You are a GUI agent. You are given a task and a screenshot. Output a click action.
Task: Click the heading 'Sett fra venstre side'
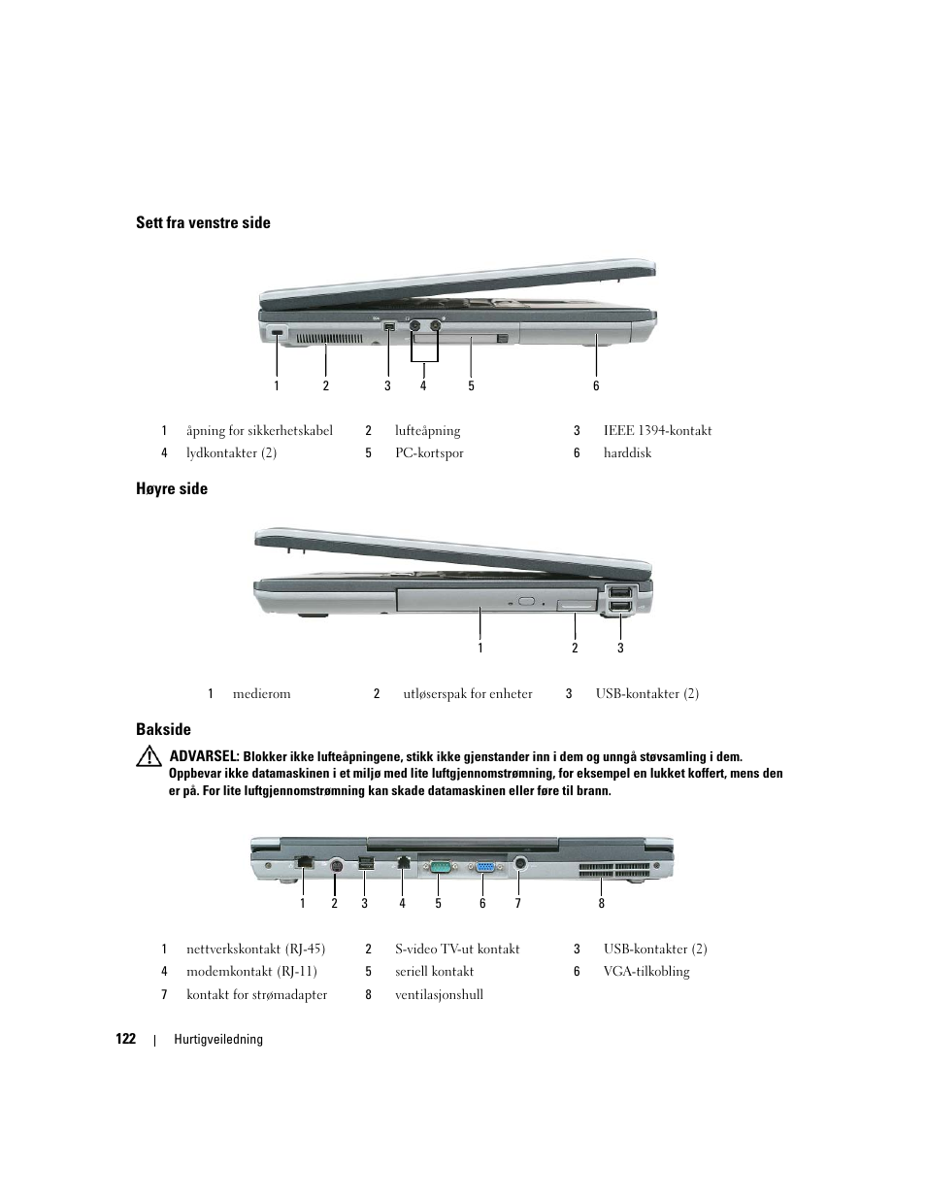click(x=203, y=223)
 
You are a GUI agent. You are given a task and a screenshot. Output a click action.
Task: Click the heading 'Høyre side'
click(x=172, y=489)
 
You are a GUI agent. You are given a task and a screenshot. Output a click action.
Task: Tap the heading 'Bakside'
click(x=163, y=730)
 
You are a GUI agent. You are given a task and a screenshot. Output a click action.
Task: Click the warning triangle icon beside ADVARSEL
click(x=149, y=756)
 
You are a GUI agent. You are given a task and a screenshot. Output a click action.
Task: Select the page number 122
click(x=125, y=1039)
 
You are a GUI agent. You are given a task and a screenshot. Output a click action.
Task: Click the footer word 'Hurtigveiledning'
click(x=218, y=1040)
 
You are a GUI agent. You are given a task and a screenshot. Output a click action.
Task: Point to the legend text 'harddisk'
click(x=627, y=453)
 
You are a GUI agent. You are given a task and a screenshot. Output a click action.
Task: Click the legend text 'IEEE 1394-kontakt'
click(x=657, y=431)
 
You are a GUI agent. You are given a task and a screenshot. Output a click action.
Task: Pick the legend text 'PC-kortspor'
click(x=429, y=453)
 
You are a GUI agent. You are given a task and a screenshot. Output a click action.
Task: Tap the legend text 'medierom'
click(x=261, y=694)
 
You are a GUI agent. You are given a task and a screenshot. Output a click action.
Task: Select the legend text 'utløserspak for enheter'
click(x=468, y=694)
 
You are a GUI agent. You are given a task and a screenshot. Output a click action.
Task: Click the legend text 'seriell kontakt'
click(x=434, y=972)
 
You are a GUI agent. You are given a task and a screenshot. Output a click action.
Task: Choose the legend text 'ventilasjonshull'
click(x=439, y=995)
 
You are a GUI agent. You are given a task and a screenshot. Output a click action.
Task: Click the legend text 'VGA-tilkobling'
click(x=646, y=972)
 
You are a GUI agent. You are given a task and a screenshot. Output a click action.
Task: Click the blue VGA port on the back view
click(x=485, y=866)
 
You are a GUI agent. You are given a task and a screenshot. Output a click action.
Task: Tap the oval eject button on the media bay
click(x=528, y=602)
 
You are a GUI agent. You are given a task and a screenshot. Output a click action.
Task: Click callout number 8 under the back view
click(x=602, y=904)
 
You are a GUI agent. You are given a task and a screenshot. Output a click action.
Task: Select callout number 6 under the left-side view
click(x=596, y=386)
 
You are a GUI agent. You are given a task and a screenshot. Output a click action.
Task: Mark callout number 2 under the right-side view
click(x=575, y=649)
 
